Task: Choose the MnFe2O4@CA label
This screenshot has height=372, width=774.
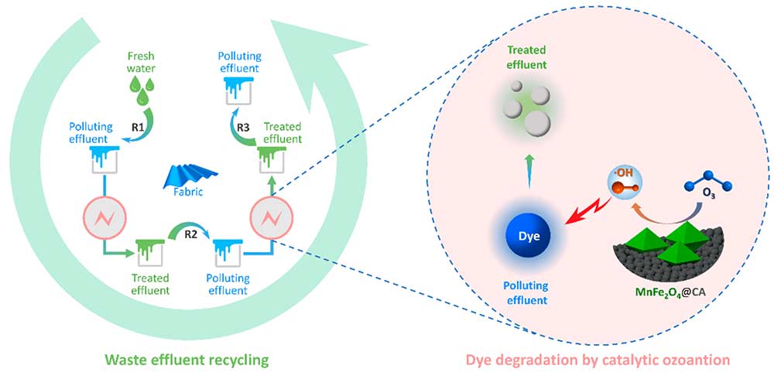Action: pyautogui.click(x=673, y=292)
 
